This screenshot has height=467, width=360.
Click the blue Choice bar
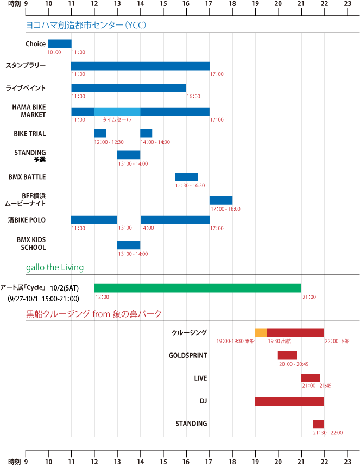click(x=60, y=43)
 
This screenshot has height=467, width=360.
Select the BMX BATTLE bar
click(x=187, y=176)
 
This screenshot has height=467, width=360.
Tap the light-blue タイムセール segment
click(x=117, y=111)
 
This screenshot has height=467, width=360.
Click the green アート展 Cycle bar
click(x=198, y=288)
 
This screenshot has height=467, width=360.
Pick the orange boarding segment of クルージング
click(x=261, y=332)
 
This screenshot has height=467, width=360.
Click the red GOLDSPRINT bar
click(x=287, y=355)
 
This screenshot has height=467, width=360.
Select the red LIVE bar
click(x=311, y=378)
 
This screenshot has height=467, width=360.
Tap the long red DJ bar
click(x=289, y=401)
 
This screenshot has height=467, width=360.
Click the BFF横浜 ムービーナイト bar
click(x=221, y=200)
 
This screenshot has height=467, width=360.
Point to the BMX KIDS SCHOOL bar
click(x=129, y=245)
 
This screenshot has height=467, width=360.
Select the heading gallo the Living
click(x=54, y=267)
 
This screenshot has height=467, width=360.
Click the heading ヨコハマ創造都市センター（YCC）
click(x=86, y=25)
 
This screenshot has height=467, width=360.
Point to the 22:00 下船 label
click(x=337, y=341)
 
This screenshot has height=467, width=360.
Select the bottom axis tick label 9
click(x=26, y=462)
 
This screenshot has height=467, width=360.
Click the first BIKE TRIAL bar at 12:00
click(x=100, y=133)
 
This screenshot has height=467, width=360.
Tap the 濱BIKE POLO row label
click(x=26, y=220)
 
